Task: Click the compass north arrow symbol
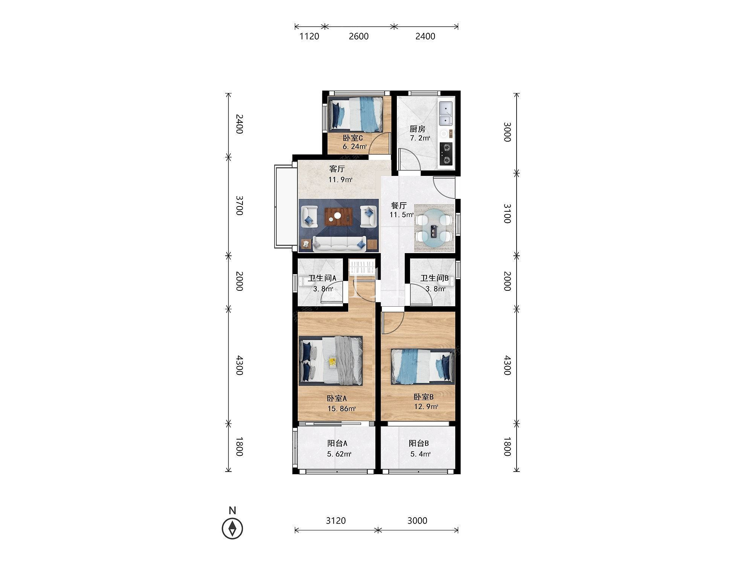click(232, 529)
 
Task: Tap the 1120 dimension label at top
click(309, 37)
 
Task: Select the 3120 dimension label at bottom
click(336, 521)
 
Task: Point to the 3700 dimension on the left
click(239, 205)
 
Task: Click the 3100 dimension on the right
click(507, 214)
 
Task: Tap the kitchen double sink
click(446, 113)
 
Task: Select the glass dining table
click(434, 228)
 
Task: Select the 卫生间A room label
click(322, 278)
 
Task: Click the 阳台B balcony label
click(419, 443)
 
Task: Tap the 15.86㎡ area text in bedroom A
click(342, 409)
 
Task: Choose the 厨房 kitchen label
click(418, 129)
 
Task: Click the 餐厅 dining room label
click(399, 206)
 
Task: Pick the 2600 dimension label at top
click(358, 37)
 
